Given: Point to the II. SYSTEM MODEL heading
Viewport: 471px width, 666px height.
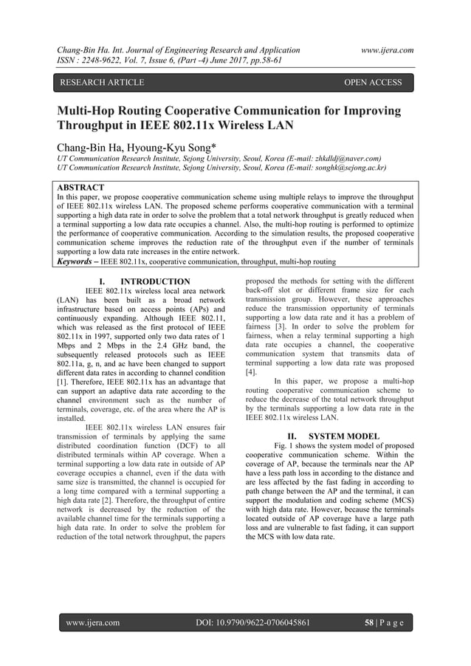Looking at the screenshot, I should click(x=326, y=436).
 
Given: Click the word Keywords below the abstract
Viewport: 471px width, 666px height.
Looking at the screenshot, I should click(x=78, y=261).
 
